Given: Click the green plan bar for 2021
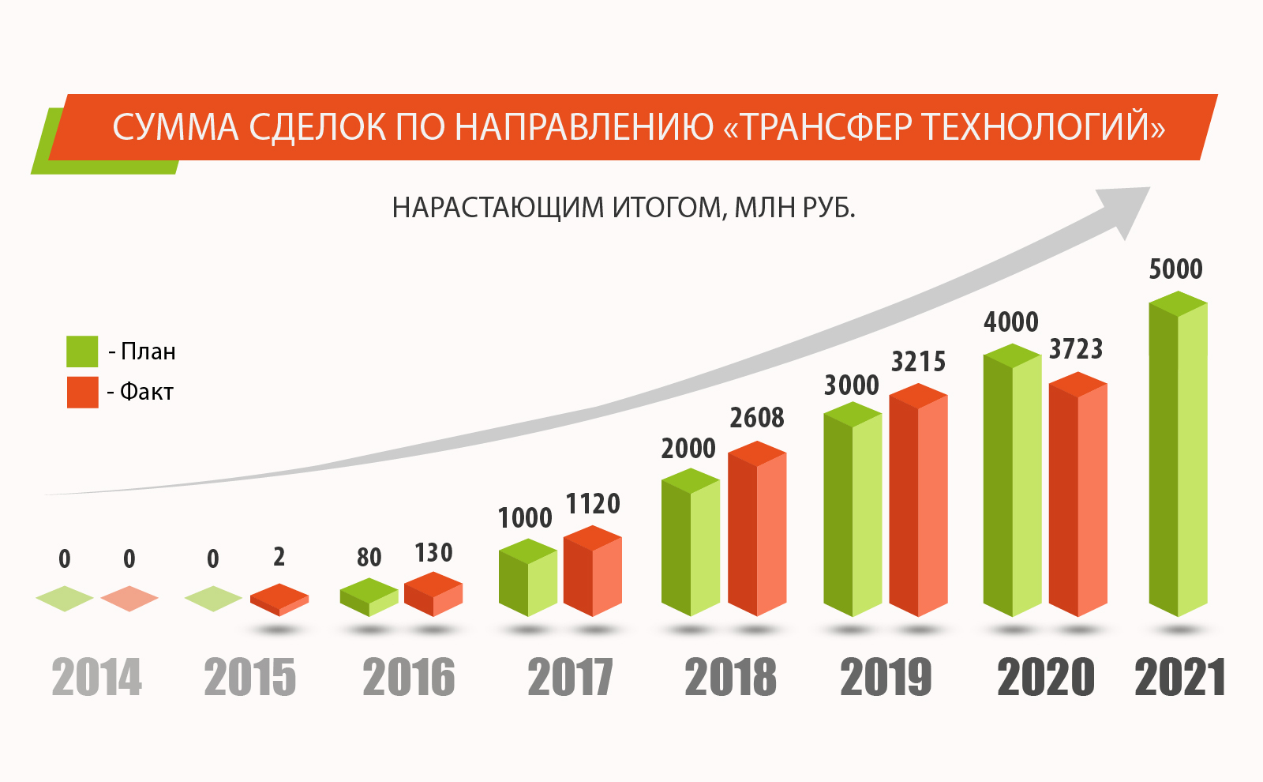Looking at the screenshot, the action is (1178, 453).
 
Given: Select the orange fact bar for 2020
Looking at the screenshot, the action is (1078, 494).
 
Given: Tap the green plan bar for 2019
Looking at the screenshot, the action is (853, 509).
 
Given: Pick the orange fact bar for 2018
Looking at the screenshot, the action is (757, 528).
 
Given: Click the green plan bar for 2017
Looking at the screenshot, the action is (528, 577).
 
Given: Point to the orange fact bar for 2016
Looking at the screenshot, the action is (433, 594).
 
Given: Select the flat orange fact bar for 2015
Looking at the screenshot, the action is (279, 600).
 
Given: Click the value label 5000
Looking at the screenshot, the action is (1175, 269).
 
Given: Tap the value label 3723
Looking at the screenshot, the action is (1076, 349).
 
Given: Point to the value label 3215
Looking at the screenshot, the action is (918, 362).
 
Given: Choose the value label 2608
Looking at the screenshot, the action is (757, 418).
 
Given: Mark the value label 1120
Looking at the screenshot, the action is (593, 504).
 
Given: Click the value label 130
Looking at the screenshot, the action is (433, 553).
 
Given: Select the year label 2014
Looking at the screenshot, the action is (96, 677).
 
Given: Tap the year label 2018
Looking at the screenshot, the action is (731, 677).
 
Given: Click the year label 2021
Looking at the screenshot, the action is (1179, 677).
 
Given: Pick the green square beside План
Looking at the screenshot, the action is (82, 352).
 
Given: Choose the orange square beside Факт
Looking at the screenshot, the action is (82, 392).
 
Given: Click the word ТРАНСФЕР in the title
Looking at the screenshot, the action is (824, 127).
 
